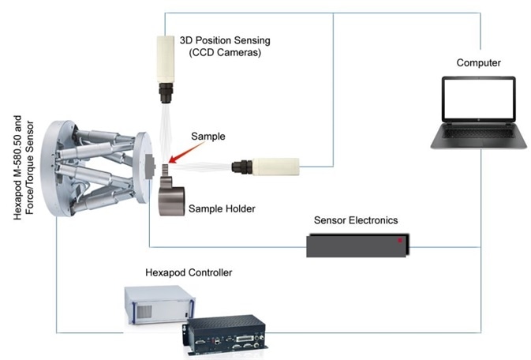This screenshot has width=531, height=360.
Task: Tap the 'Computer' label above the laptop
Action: point(478,62)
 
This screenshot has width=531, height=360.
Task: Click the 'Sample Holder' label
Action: point(220,208)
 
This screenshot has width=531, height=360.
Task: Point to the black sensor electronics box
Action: point(358,244)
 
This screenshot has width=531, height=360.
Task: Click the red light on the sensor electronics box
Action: point(400,238)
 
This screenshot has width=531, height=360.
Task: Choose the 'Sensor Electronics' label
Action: point(356,220)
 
